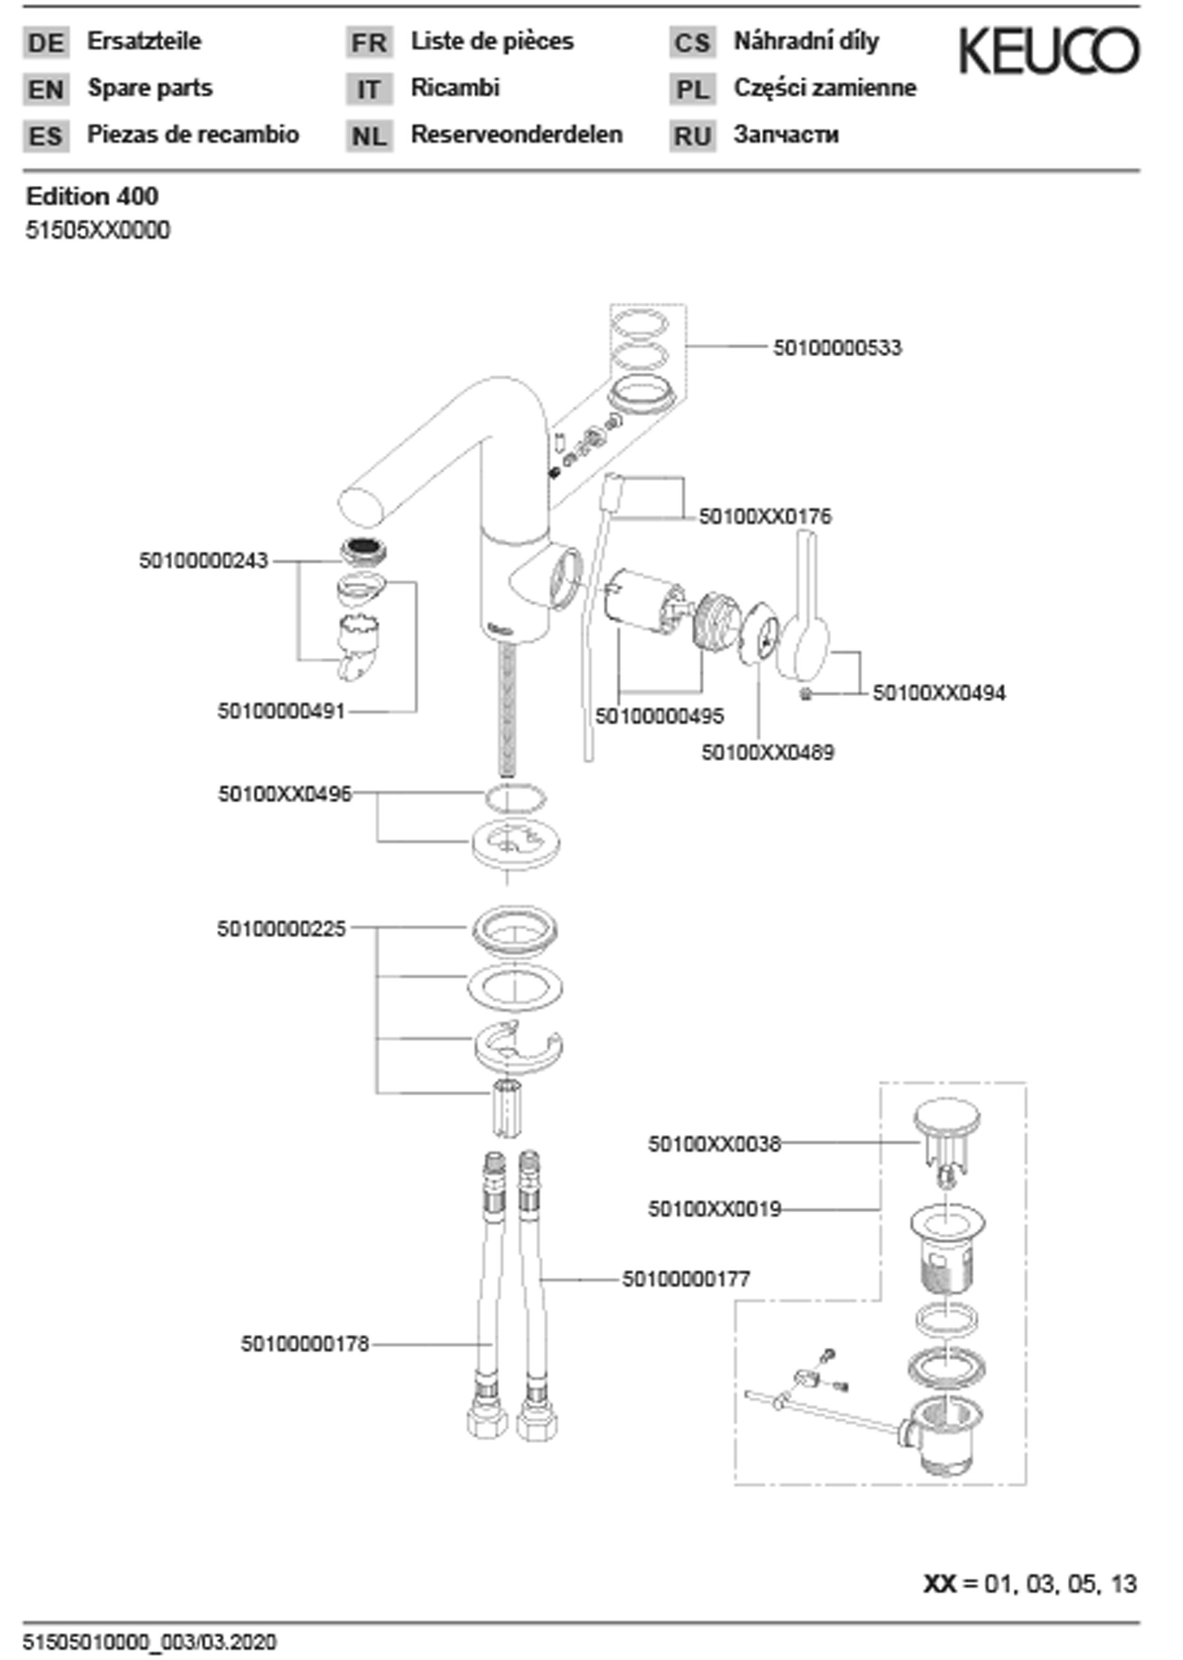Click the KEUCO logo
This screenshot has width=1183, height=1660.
coord(1049,51)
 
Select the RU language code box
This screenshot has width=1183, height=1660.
coord(692,136)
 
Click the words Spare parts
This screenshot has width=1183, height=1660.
coord(150,88)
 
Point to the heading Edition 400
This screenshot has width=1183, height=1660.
coord(92,196)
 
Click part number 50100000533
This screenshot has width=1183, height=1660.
coord(837,347)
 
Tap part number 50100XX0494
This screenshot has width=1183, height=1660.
coord(939,693)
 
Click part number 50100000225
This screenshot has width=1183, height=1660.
coord(281,928)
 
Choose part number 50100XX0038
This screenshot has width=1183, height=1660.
coord(714,1144)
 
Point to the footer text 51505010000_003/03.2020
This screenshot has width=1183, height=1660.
coord(150,1642)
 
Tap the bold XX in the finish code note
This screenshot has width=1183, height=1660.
coord(940,1584)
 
